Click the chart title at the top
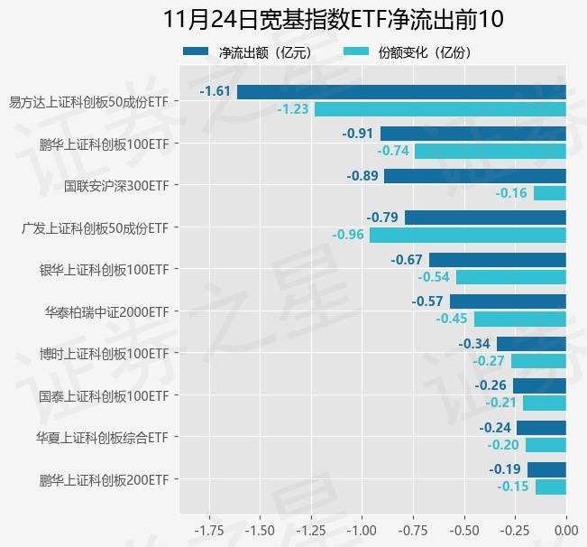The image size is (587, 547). (334, 19)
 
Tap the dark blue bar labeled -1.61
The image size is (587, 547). (401, 92)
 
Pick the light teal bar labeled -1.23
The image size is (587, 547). (440, 109)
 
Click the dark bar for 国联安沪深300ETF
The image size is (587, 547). (475, 176)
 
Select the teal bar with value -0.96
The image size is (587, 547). (468, 235)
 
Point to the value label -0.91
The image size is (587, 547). (358, 134)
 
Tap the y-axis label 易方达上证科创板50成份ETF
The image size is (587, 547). (87, 101)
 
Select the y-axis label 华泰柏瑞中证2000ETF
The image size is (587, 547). (106, 311)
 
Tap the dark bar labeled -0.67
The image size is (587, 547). (498, 260)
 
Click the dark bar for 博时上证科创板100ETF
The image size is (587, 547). (531, 344)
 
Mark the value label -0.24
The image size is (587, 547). (495, 428)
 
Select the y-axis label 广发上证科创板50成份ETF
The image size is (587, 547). (94, 227)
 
